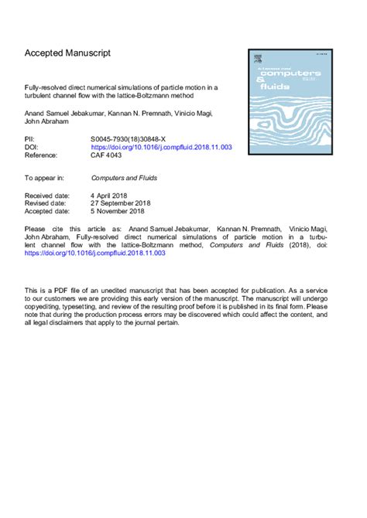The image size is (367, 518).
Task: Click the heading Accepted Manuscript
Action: coord(67,53)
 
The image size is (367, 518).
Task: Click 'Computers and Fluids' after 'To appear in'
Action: coord(123,178)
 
